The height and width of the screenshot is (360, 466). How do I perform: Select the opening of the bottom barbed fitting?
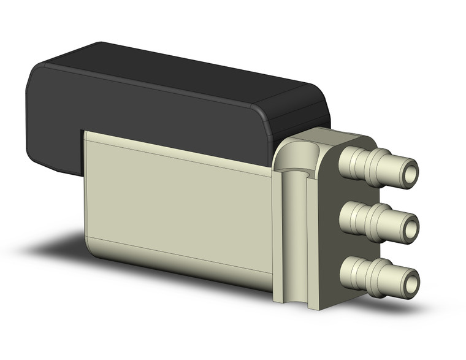(x=411, y=282)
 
